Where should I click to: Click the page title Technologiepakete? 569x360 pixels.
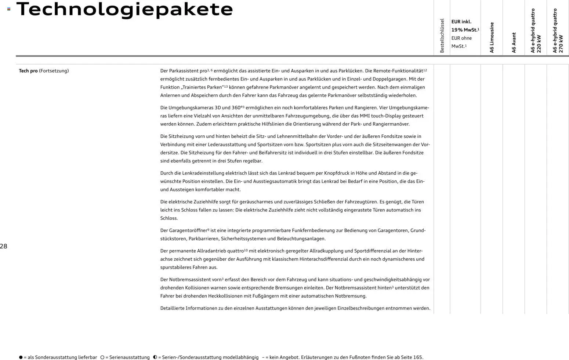(124, 9)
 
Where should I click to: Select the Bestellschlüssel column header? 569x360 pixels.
(442, 36)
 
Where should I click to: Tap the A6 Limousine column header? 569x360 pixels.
(492, 37)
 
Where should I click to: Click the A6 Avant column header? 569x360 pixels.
(514, 43)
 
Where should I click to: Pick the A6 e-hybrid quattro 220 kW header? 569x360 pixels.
(536, 31)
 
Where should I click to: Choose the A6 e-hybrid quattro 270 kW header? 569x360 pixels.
(558, 31)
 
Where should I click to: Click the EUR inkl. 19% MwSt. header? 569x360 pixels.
(465, 26)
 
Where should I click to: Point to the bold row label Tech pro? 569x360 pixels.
(28, 71)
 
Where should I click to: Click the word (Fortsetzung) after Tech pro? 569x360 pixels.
(54, 71)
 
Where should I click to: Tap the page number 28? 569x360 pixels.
(4, 246)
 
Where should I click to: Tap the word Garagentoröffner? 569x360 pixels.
(188, 230)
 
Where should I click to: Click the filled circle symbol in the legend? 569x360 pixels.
(21, 357)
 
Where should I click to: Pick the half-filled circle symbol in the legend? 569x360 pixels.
(155, 357)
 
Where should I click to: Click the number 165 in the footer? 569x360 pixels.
(418, 357)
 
